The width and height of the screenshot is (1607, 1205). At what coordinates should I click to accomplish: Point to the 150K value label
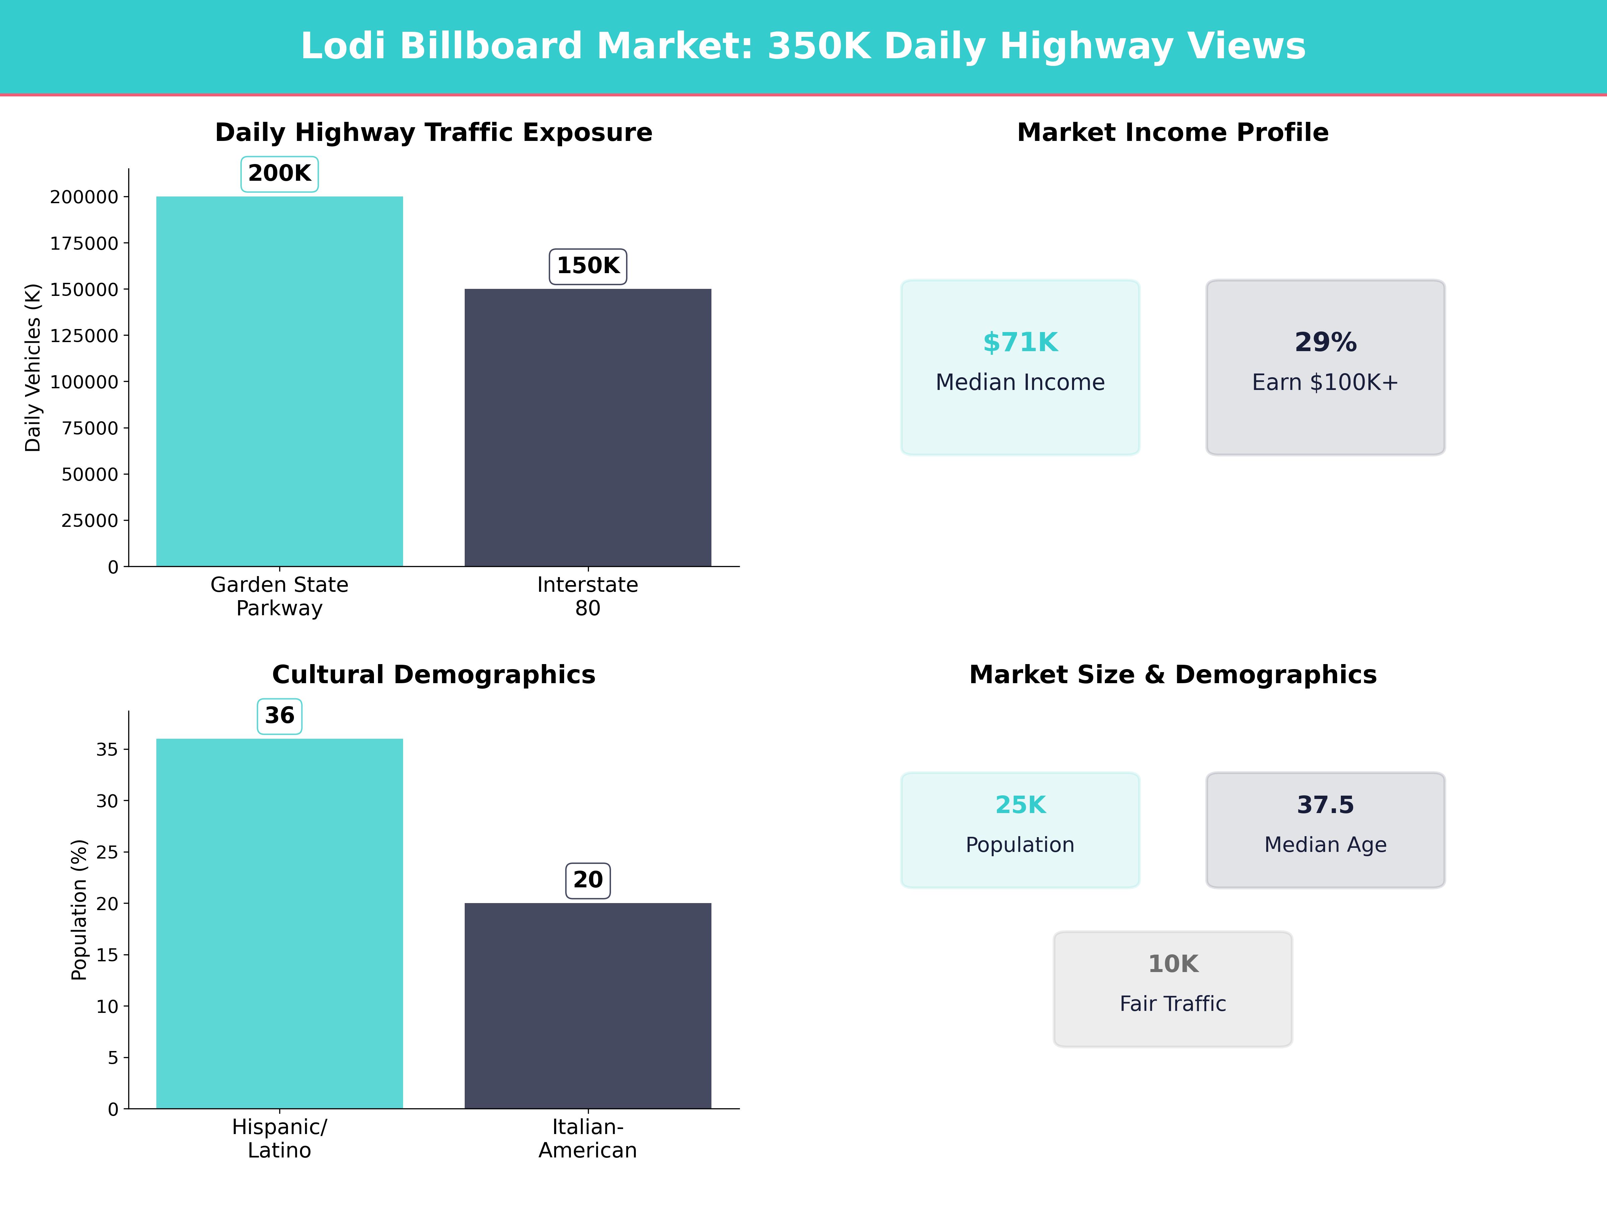[588, 266]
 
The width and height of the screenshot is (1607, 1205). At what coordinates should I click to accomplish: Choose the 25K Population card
[1020, 829]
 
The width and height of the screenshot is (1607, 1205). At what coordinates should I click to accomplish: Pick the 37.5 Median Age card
[1325, 829]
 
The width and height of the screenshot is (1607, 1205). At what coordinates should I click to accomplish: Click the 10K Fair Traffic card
[1172, 988]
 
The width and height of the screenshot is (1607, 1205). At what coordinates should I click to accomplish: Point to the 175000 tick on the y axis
[84, 243]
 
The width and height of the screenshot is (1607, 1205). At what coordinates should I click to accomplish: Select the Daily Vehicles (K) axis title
[33, 368]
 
